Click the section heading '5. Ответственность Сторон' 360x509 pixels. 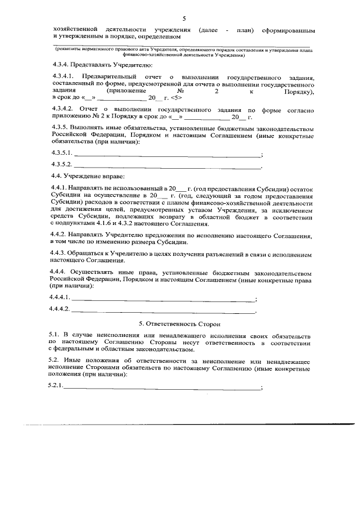point(179,324)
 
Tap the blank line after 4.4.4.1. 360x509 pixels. point(163,298)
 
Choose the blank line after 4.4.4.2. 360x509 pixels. point(163,310)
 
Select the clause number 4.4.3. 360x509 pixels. point(58,254)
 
